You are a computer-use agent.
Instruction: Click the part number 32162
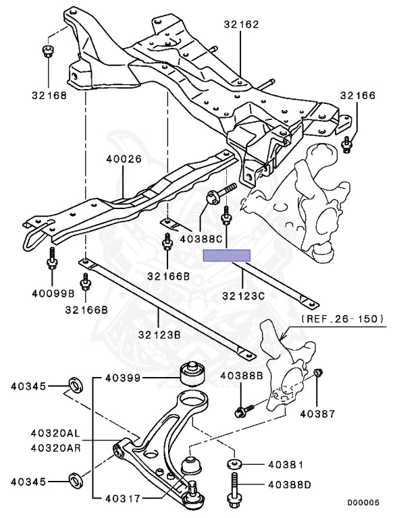point(241,25)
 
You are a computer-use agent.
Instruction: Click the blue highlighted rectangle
point(227,255)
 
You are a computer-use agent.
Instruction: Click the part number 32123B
point(159,334)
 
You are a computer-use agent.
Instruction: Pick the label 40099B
point(51,293)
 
